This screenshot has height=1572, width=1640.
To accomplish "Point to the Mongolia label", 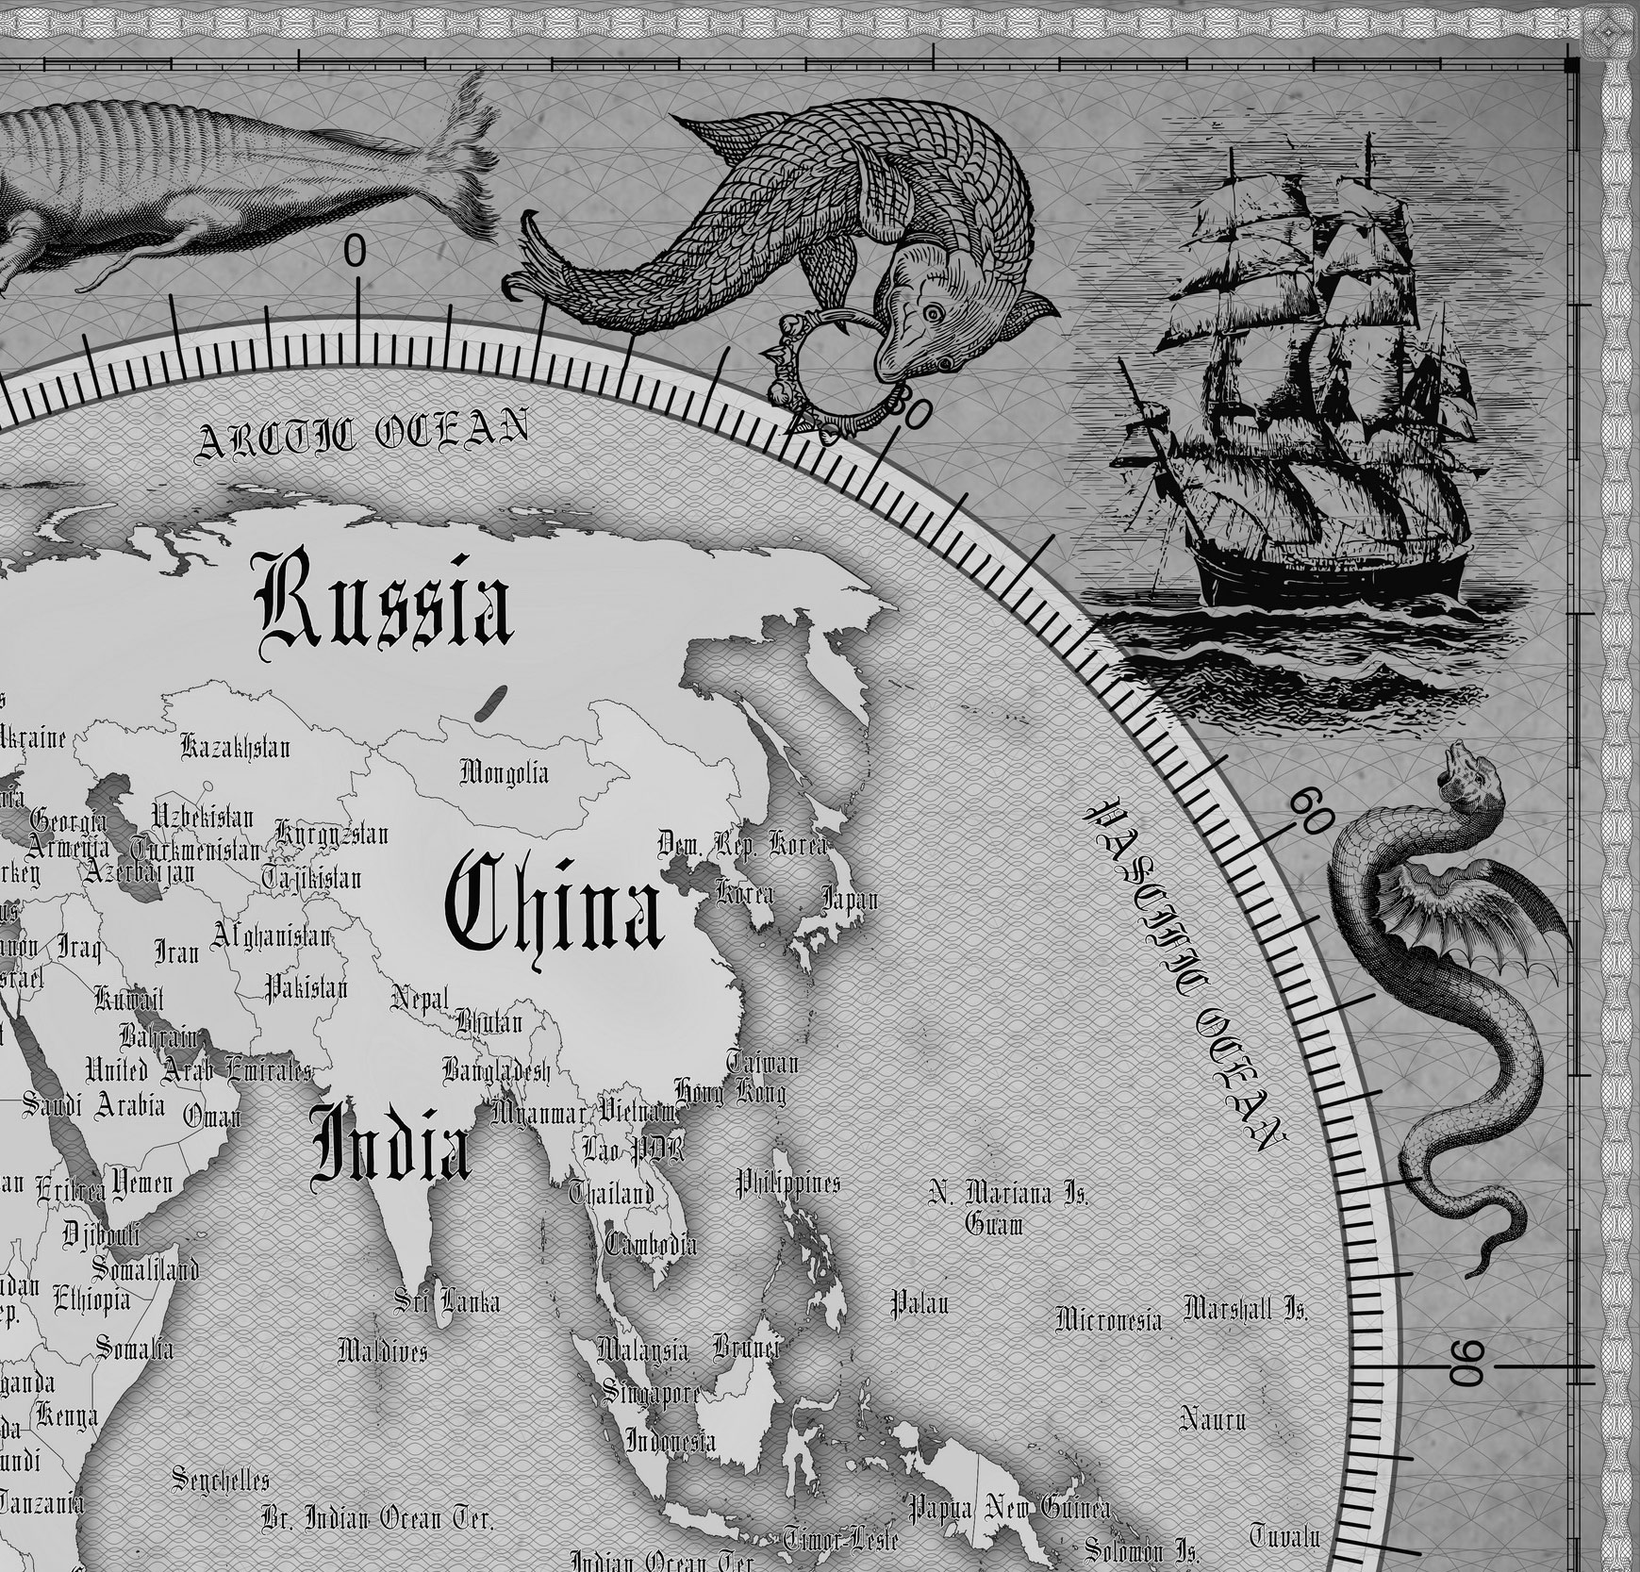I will (504, 773).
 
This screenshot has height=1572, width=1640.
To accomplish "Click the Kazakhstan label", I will (236, 748).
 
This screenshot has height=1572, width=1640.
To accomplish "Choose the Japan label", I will (850, 899).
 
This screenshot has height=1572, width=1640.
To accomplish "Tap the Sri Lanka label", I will (447, 1302).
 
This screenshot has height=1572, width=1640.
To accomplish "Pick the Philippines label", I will (787, 1183).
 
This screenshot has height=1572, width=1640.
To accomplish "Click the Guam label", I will (993, 1224).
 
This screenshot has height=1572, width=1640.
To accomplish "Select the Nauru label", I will (1214, 1417).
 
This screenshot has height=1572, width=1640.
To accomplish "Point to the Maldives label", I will (382, 1351).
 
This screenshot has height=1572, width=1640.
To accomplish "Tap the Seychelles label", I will (221, 1480).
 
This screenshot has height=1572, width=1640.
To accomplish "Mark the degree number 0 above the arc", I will (354, 252).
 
